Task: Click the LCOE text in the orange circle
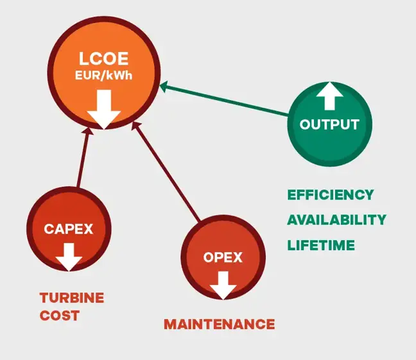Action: point(104,60)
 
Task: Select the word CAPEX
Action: point(69,229)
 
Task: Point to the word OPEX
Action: point(223,258)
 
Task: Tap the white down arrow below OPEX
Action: point(223,284)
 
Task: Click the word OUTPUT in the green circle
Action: point(329,124)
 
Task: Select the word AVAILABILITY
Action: point(336,220)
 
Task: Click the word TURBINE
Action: point(71,298)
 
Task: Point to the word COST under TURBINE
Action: point(60,316)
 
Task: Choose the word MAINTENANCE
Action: point(219,324)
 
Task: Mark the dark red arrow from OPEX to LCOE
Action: point(170,170)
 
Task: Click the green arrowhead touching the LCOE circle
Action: point(165,86)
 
